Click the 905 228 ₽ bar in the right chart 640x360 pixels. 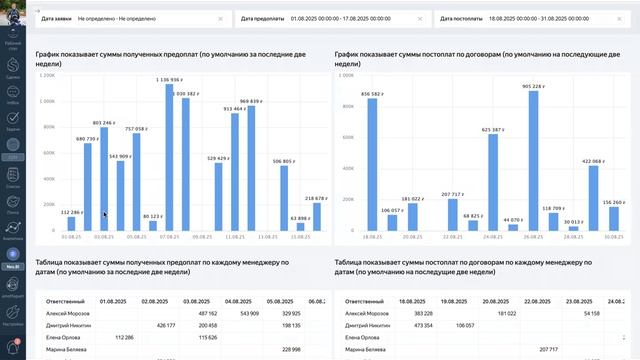[533, 161]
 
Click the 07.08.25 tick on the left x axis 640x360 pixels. [169, 238]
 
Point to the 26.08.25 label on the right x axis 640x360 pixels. [532, 238]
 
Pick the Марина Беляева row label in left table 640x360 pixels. [63, 349]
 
